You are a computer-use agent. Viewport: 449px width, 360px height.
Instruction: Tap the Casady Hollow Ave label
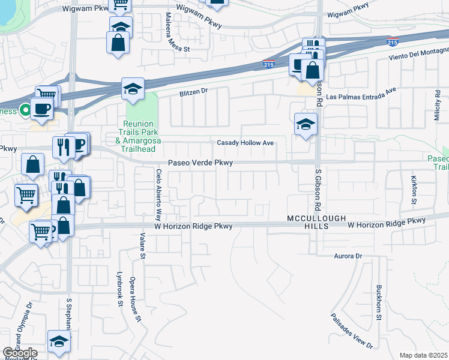pos(246,143)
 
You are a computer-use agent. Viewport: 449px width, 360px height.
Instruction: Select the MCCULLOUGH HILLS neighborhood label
pos(307,221)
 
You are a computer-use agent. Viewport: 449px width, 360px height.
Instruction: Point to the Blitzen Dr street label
pos(193,92)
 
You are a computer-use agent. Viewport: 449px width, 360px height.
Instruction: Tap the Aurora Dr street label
pos(349,256)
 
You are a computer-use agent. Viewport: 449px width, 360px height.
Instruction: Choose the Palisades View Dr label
pos(352,331)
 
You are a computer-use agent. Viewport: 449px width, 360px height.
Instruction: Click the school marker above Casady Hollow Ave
pos(306,125)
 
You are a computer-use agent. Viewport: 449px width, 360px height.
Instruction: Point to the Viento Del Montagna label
pos(423,56)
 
